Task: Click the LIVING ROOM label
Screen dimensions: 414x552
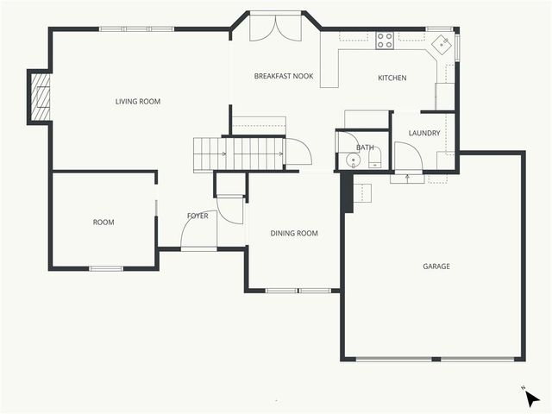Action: tap(138, 102)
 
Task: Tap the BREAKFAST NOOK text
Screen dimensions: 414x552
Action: tap(283, 77)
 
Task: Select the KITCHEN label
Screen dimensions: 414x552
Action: tap(392, 78)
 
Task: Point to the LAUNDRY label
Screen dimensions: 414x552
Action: tap(424, 133)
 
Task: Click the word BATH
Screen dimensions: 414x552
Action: tap(365, 147)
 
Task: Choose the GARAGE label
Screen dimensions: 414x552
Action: tap(436, 267)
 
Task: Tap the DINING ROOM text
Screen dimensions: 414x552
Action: tap(294, 234)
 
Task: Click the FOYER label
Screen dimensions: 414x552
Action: tap(198, 216)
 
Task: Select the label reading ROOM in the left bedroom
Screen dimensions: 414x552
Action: tap(103, 223)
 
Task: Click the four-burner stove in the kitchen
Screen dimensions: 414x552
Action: tap(385, 40)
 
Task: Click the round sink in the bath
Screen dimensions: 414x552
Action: tap(353, 160)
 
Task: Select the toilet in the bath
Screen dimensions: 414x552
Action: tap(375, 162)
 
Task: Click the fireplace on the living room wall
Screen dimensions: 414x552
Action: tap(41, 97)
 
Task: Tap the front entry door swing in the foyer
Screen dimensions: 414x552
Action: tap(196, 231)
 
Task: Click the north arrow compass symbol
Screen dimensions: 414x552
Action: tap(531, 398)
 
